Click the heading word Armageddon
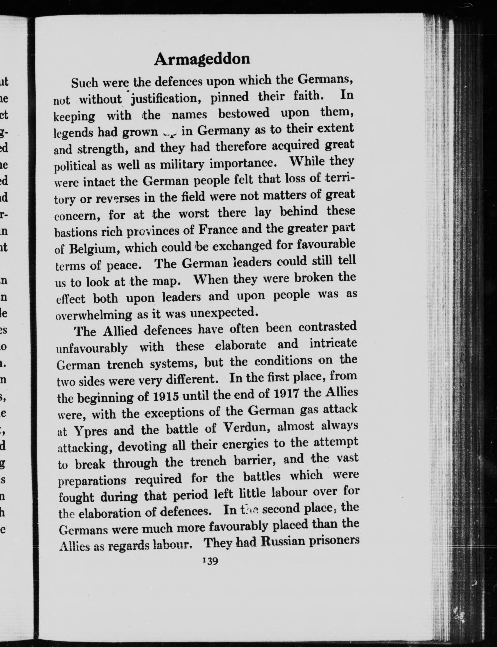[x=202, y=59]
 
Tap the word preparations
[x=92, y=480]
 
